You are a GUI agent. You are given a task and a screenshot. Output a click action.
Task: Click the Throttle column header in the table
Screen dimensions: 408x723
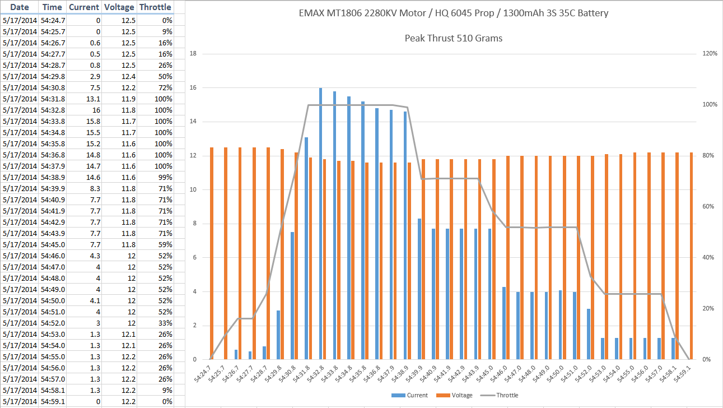[x=155, y=7]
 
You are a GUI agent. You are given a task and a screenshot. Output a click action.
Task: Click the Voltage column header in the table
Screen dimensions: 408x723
[x=119, y=7]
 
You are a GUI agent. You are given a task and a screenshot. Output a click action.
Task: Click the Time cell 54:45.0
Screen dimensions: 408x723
[x=53, y=244]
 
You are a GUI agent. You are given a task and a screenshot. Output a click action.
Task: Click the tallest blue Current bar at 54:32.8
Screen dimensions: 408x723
[x=321, y=224]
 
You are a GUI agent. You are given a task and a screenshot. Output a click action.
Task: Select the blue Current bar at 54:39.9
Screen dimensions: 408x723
[x=419, y=289]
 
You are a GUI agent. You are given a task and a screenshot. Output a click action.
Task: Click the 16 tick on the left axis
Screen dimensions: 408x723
[x=193, y=88]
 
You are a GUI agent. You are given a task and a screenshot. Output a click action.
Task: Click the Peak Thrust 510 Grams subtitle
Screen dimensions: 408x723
[x=453, y=39]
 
